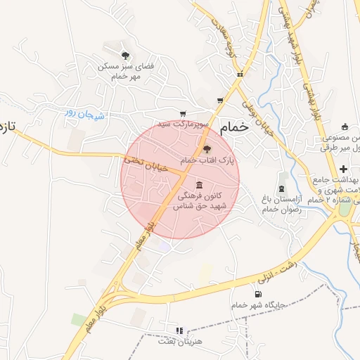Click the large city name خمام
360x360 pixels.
[234, 128]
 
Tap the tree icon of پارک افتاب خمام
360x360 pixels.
[207, 149]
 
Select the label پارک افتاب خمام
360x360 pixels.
[208, 161]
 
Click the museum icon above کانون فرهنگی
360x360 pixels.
[200, 184]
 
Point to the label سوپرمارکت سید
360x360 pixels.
[183, 124]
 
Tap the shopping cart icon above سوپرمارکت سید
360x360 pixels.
[183, 113]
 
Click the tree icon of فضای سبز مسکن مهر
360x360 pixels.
[125, 55]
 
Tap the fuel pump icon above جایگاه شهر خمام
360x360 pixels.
[258, 294]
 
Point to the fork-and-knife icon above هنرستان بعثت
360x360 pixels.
[179, 330]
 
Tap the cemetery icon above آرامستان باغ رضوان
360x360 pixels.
[282, 188]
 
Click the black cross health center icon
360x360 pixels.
[342, 169]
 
